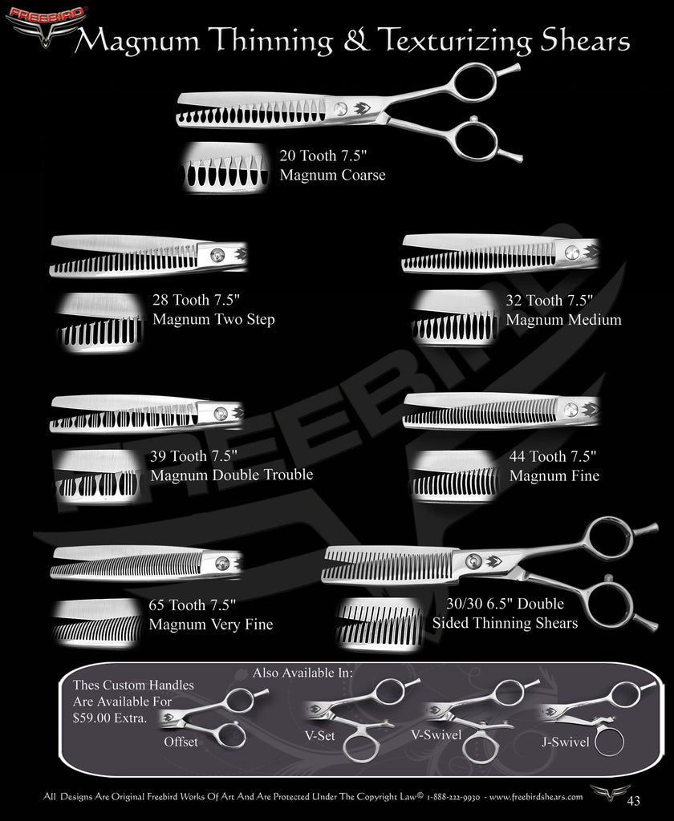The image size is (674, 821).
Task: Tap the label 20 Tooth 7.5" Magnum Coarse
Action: pyautogui.click(x=332, y=165)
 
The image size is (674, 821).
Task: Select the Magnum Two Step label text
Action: pyautogui.click(x=213, y=320)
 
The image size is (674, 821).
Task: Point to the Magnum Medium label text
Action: pyautogui.click(x=563, y=320)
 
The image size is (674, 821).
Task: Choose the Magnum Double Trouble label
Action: pyautogui.click(x=231, y=475)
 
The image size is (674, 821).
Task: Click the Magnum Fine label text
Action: pyautogui.click(x=554, y=475)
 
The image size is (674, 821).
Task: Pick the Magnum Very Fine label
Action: pyautogui.click(x=210, y=625)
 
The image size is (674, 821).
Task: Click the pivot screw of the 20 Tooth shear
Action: pyautogui.click(x=342, y=108)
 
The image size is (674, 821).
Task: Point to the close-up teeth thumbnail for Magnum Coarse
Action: pyautogui.click(x=226, y=168)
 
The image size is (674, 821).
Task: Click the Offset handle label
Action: pyautogui.click(x=181, y=742)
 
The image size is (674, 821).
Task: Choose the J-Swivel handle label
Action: pyautogui.click(x=566, y=742)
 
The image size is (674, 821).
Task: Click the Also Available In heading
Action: pyautogui.click(x=302, y=672)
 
